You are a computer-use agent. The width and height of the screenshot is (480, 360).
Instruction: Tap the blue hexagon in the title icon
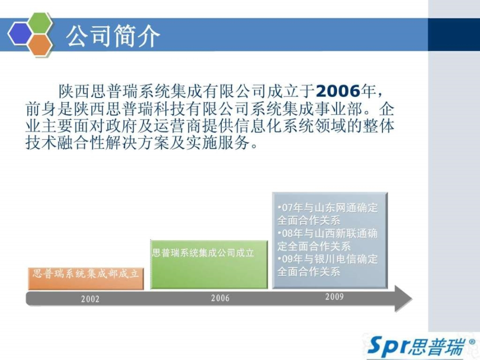19,34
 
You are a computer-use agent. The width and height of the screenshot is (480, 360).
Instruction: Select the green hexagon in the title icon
40,23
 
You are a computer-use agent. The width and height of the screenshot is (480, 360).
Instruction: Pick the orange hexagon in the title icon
40,45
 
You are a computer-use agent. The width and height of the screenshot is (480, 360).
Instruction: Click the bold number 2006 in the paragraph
338,92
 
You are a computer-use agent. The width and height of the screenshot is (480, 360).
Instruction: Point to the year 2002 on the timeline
90,299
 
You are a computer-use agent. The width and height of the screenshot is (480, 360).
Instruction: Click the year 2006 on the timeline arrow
220,298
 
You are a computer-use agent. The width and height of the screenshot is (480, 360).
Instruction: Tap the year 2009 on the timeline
334,297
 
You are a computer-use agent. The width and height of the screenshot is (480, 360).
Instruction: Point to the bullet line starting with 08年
328,239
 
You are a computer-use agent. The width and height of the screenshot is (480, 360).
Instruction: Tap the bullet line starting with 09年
328,265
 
